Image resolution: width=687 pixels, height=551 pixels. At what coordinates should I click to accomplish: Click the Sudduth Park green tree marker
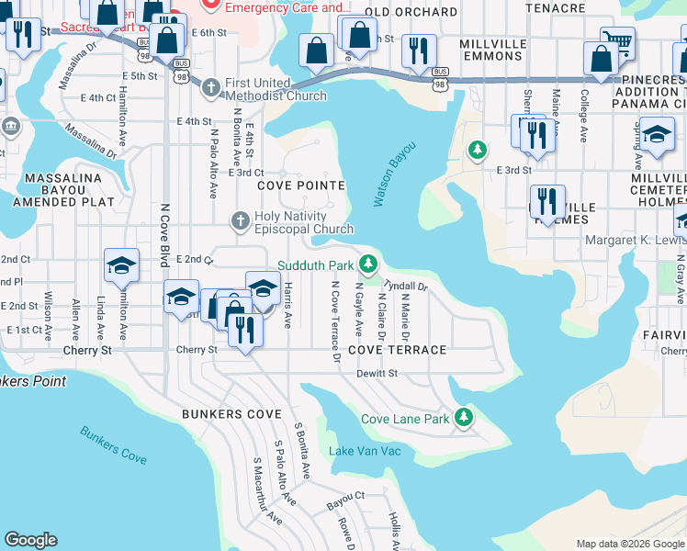pos(368,265)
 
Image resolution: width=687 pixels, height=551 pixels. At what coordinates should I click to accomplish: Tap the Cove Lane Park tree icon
pos(465,419)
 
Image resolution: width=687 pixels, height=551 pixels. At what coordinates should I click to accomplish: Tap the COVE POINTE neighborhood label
pos(300,186)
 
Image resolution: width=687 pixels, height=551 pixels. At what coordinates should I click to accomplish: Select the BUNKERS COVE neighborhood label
pos(231,415)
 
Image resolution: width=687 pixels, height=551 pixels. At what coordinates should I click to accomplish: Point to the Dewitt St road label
pos(378,374)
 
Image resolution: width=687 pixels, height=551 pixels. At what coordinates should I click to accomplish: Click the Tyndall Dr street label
pos(406,285)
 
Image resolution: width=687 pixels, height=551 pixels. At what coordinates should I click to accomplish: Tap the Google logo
pos(31,540)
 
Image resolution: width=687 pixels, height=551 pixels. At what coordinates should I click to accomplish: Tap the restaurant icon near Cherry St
pos(243,330)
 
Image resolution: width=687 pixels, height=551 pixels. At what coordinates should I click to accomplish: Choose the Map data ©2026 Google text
pos(629,544)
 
